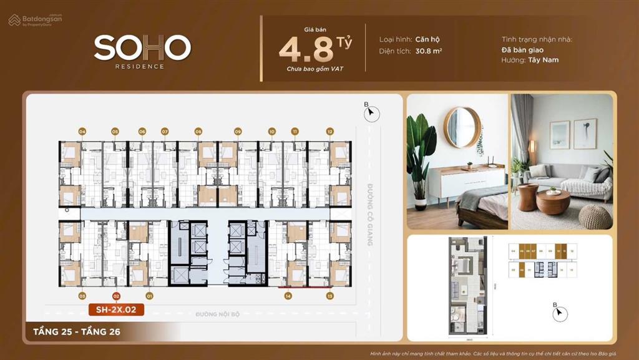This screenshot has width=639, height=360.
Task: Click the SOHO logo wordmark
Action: coord(142,47)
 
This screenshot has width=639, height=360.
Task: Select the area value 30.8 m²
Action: coord(428,51)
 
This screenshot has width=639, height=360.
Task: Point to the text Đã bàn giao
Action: coord(522,50)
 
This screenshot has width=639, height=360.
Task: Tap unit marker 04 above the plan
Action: coord(82,132)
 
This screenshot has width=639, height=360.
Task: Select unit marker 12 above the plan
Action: coord(329,132)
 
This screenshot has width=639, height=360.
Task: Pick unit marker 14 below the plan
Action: coord(288,296)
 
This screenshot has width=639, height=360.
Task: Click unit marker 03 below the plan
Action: coord(82,296)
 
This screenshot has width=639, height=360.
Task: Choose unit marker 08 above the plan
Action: coord(198,132)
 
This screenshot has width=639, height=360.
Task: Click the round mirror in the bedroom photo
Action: coord(462,127)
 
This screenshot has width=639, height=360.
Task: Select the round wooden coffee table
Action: coord(553,202)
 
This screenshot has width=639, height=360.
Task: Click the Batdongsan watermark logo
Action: coord(36,20)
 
